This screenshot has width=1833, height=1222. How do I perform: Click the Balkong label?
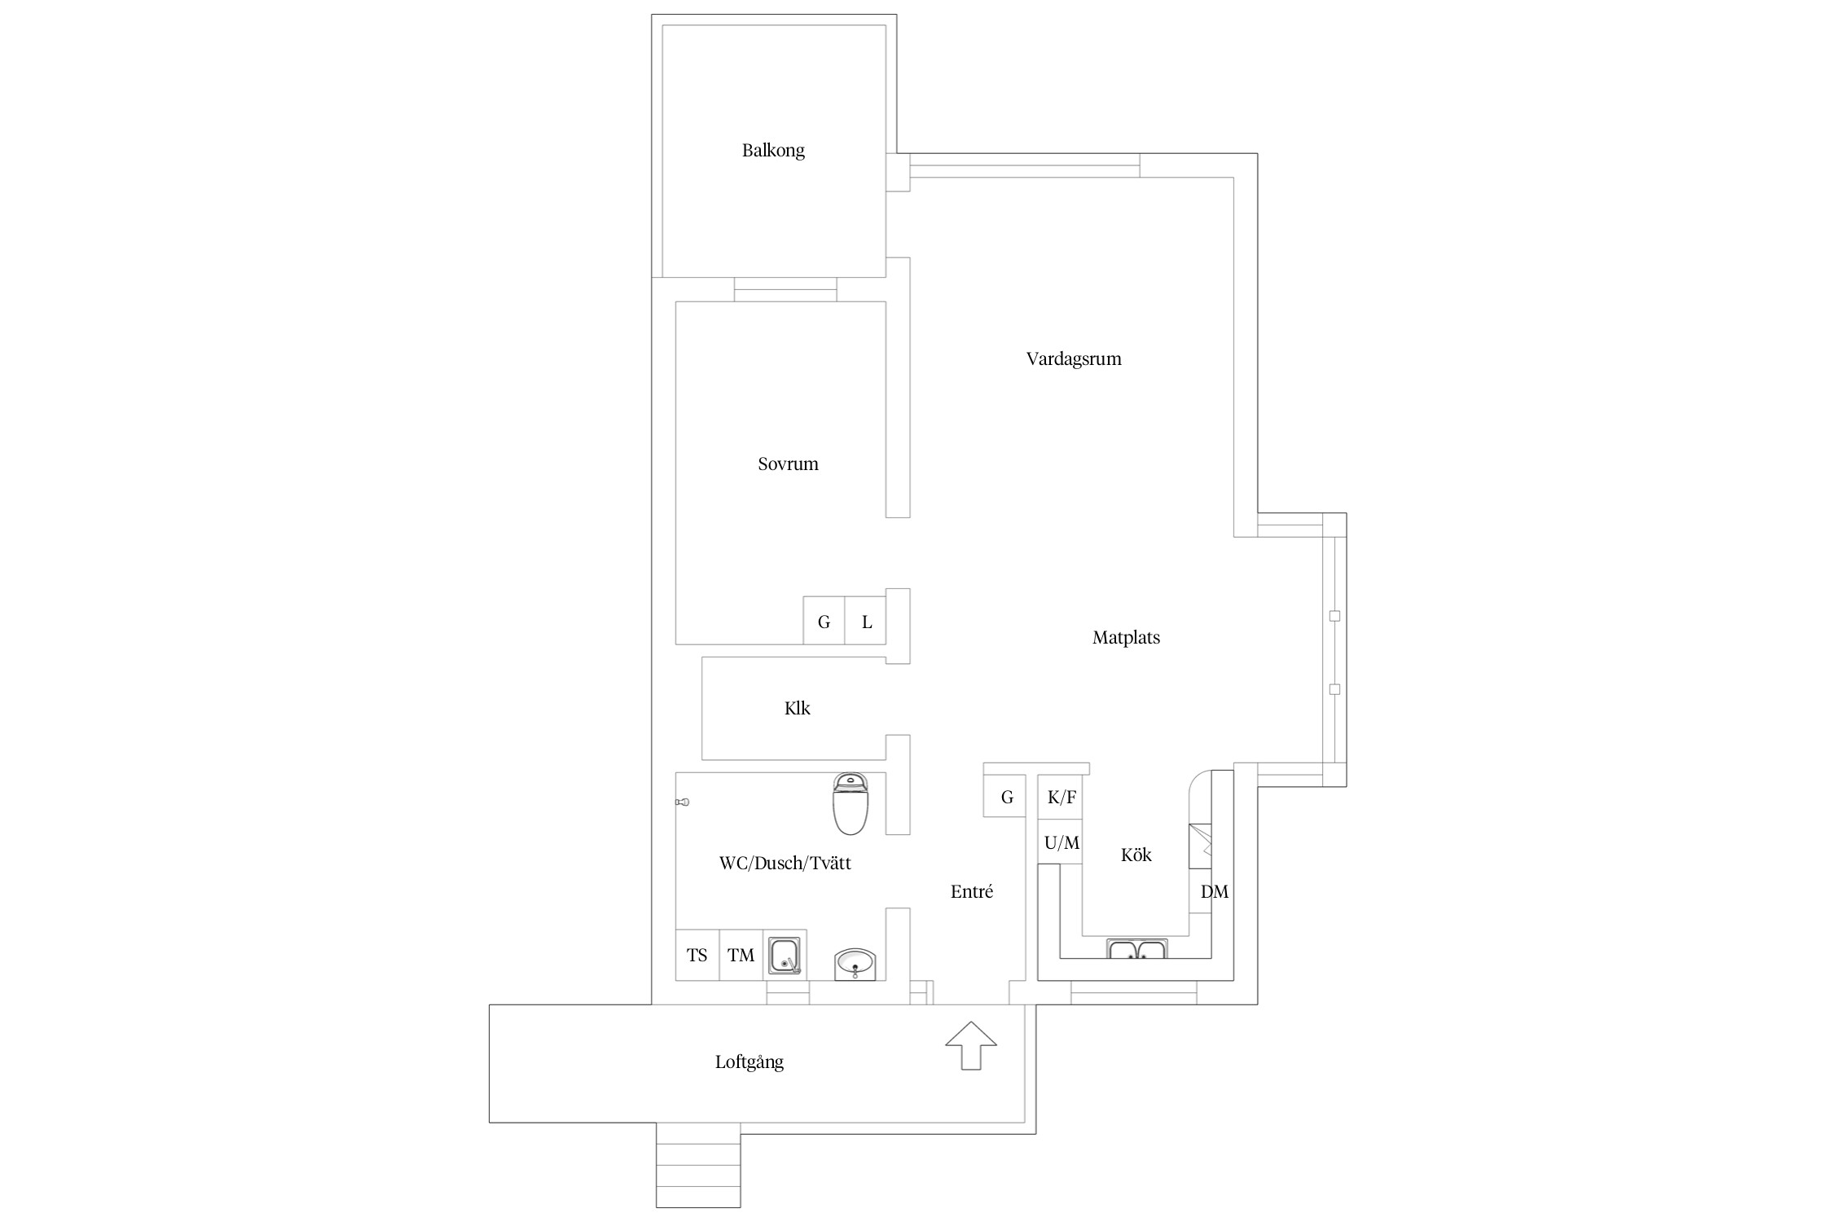point(773,151)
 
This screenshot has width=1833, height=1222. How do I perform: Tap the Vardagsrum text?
point(1074,358)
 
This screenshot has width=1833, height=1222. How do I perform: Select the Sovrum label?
point(788,464)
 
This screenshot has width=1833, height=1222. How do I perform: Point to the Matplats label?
point(1126,638)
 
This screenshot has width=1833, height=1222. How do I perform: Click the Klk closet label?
point(798,709)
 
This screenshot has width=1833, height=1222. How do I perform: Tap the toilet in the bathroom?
point(851,804)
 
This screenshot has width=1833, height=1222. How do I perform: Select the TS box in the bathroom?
point(697,955)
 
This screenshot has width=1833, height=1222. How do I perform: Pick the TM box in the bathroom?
point(741,955)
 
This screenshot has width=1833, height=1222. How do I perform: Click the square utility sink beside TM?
point(785,956)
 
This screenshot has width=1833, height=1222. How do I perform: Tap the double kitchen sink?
point(1137,950)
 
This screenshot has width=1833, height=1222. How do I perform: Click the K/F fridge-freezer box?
point(1060,797)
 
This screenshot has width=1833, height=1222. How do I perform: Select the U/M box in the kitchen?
point(1060,842)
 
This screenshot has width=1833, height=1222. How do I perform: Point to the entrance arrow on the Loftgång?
point(971,1045)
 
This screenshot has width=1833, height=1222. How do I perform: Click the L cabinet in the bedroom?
point(865,621)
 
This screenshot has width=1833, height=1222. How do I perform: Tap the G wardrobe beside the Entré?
point(1005,797)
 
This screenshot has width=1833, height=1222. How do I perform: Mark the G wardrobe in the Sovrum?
point(824,621)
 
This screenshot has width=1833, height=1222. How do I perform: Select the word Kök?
point(1136,855)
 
